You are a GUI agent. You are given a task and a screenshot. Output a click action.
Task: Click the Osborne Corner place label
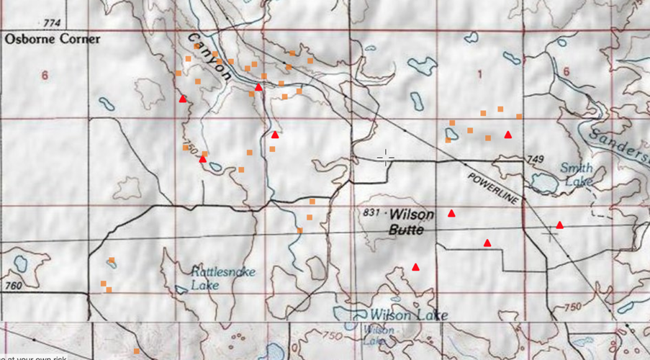click(x=52, y=39)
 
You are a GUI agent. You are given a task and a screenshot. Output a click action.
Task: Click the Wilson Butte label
click(x=407, y=222)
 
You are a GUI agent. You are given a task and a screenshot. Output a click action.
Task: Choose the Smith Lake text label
click(x=577, y=175)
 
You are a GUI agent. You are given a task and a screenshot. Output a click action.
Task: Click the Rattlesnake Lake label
click(x=215, y=278)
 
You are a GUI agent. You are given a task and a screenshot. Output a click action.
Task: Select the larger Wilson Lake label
click(x=399, y=315)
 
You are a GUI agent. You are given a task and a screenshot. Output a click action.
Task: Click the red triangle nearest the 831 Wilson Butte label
click(x=451, y=213)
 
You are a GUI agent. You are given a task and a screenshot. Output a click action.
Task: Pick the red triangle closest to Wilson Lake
click(x=415, y=267)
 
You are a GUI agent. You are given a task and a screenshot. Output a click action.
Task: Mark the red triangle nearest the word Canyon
click(x=258, y=86)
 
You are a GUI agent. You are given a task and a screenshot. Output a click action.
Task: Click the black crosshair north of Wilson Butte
click(x=386, y=158)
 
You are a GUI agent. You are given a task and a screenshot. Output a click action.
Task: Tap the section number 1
click(x=479, y=74)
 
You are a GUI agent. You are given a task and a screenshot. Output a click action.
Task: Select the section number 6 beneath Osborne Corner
click(x=45, y=75)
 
